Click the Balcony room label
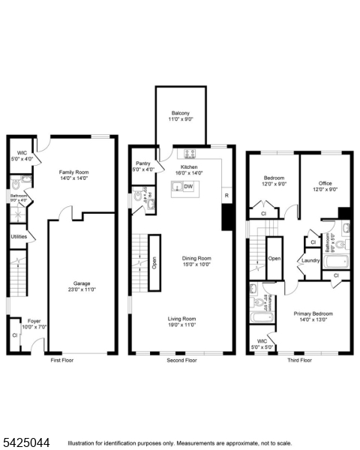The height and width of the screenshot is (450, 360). pyautogui.click(x=180, y=113)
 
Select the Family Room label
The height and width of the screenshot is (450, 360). pyautogui.click(x=74, y=172)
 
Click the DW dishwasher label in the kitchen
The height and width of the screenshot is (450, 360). pyautogui.click(x=188, y=187)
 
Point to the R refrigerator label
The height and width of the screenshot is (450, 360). pyautogui.click(x=226, y=196)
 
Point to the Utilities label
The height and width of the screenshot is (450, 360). pyautogui.click(x=19, y=237)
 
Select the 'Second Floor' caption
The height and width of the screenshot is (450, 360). pyautogui.click(x=180, y=361)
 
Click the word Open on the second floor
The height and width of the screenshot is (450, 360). pyautogui.click(x=154, y=262)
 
